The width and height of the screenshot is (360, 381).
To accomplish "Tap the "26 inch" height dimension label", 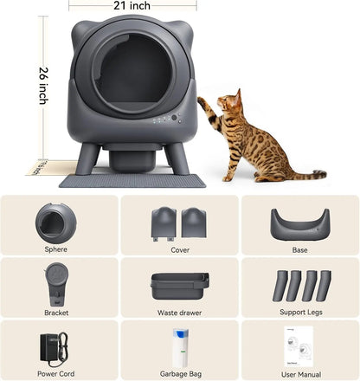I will [x=43, y=86].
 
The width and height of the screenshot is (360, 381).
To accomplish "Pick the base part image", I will [x=299, y=223].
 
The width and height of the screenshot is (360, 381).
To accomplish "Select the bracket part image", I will [x=56, y=282].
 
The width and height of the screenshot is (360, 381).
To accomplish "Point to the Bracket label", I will [x=56, y=312].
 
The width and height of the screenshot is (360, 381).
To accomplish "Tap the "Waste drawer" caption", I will [x=179, y=312].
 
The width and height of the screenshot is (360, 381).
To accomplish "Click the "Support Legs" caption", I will [x=299, y=312].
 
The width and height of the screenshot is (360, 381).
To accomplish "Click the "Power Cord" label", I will [x=56, y=375].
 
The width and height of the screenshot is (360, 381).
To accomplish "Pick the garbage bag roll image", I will [x=179, y=348].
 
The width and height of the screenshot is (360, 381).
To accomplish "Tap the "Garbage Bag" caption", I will [x=179, y=375].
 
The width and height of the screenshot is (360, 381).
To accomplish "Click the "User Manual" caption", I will [x=299, y=375].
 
